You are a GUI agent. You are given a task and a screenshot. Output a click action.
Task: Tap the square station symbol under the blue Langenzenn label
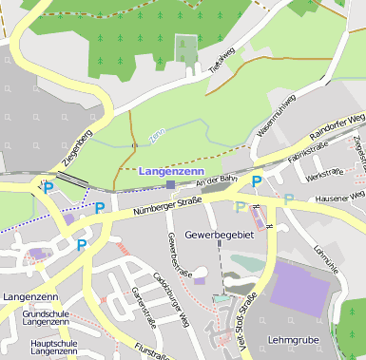coord(170,184)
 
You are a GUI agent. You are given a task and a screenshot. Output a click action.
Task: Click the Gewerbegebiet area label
coord(220,234)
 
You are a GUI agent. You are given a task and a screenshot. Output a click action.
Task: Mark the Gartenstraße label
coord(143,305)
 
